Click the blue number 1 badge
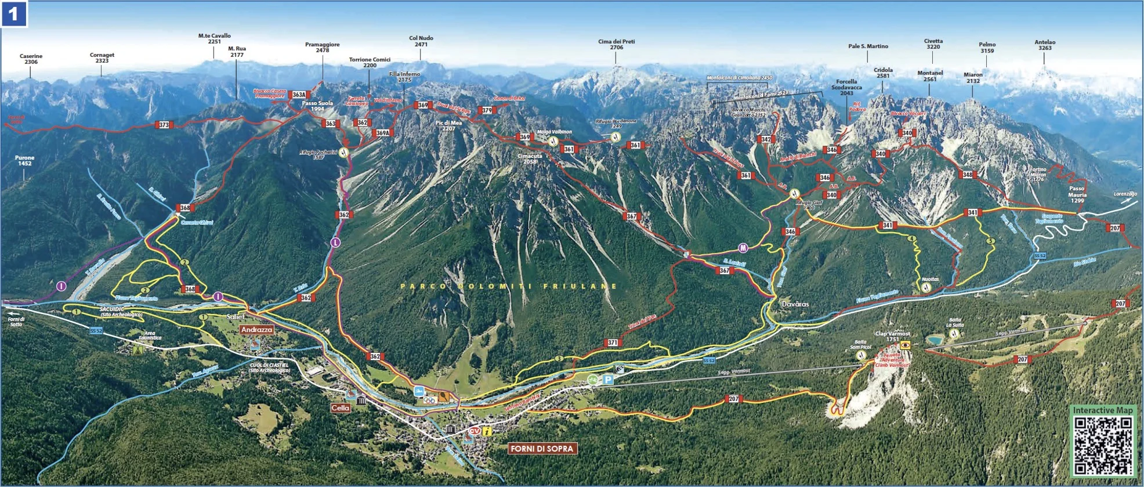tap(14, 14)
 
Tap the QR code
tap(1102, 446)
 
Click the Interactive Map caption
tap(1102, 410)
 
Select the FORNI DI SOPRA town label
tap(542, 449)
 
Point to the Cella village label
tap(341, 408)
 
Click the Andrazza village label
tap(256, 330)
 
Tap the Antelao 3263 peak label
tap(1045, 45)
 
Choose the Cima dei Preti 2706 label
tap(616, 44)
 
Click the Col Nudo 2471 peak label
tap(421, 41)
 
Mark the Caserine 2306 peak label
tap(31, 59)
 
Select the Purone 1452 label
tap(24, 160)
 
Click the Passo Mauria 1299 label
tap(1077, 194)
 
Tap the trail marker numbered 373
tap(164, 125)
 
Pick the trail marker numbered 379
tap(486, 110)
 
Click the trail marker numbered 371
tap(613, 342)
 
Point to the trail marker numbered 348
tap(967, 174)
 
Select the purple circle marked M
tap(743, 248)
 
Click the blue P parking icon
tap(607, 380)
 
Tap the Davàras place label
tap(795, 304)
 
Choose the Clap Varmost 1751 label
tap(893, 337)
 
